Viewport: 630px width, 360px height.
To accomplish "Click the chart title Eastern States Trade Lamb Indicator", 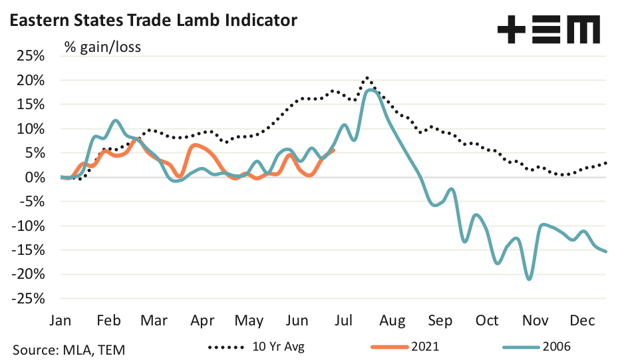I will tap(152, 21).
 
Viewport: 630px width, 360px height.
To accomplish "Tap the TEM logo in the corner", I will tap(548, 31).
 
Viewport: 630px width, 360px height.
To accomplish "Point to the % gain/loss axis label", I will tap(102, 47).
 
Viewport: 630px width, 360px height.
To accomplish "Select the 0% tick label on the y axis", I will tap(35, 178).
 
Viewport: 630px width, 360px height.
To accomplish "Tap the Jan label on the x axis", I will tap(61, 321).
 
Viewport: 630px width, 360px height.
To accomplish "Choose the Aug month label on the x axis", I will tap(393, 321).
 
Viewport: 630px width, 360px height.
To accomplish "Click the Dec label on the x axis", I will tap(582, 321).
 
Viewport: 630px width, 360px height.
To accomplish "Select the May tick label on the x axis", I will tap(250, 321).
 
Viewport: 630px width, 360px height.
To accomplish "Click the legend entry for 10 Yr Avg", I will tap(259, 346).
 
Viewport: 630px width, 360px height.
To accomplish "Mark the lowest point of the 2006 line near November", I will tap(529, 279).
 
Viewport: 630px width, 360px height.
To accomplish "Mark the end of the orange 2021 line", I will tap(333, 150).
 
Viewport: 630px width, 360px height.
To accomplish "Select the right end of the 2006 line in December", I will tap(605, 252).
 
